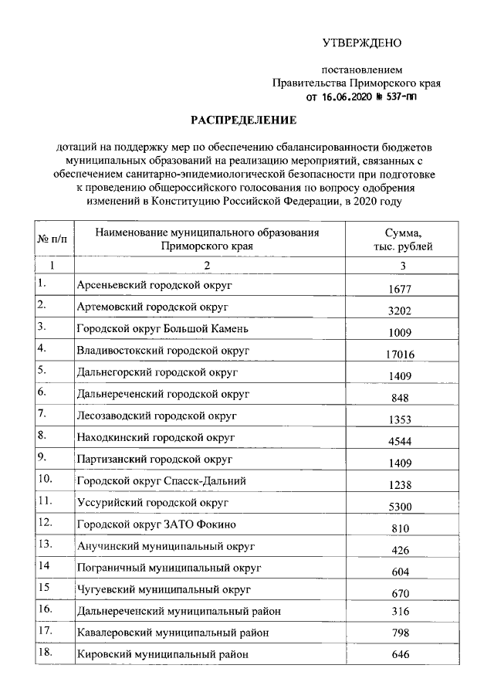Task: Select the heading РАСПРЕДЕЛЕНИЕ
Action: [x=244, y=120]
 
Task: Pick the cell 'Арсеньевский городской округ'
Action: [x=154, y=285]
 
